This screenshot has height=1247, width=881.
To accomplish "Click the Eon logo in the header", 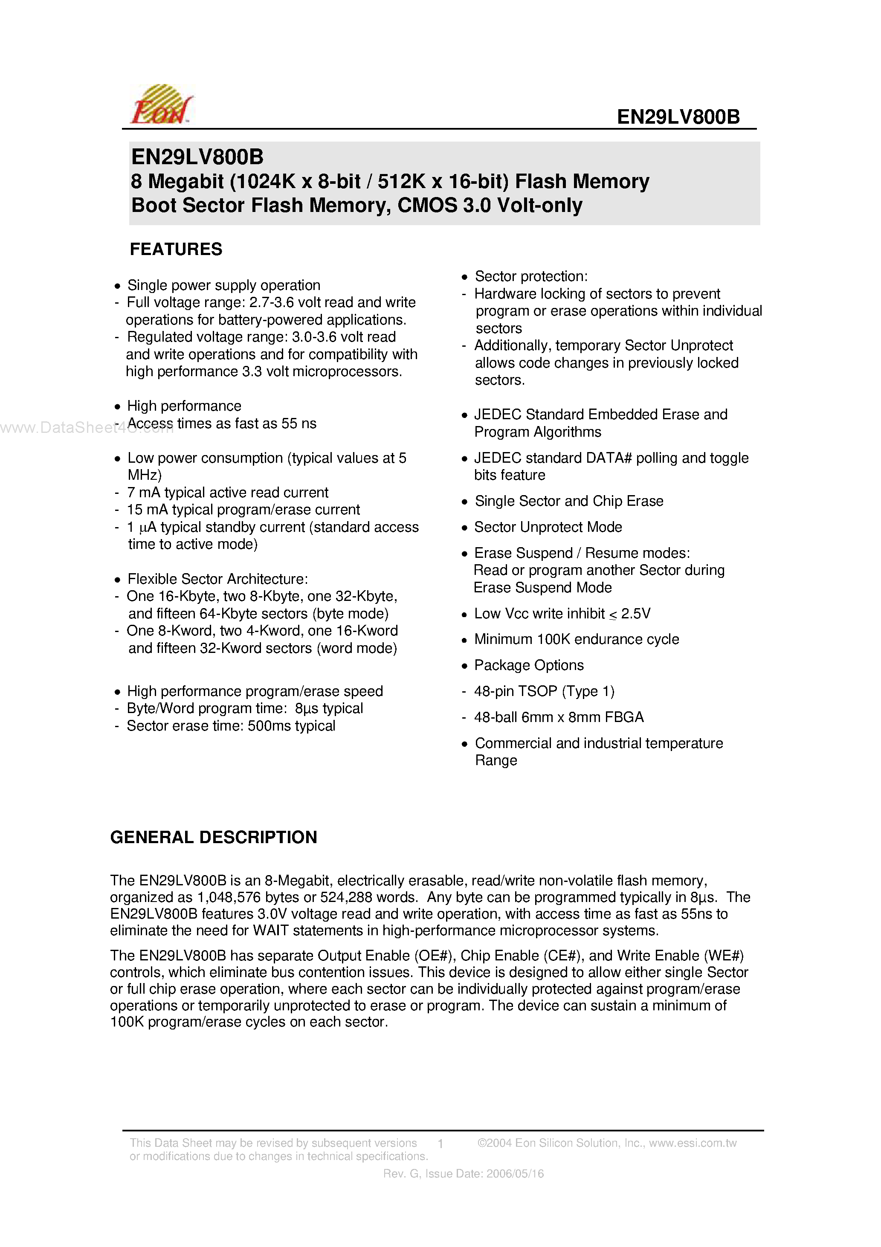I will click(161, 105).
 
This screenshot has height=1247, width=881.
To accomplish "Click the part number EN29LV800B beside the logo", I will click(678, 117).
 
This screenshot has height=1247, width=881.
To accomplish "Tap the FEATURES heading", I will click(176, 249).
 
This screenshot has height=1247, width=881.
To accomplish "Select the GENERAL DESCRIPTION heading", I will click(214, 837).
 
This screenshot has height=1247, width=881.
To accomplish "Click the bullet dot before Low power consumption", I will click(117, 459).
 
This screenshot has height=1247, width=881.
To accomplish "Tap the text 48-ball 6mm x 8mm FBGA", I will click(558, 717).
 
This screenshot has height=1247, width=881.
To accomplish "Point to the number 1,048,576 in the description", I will click(229, 897).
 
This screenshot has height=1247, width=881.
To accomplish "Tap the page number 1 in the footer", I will click(440, 1144).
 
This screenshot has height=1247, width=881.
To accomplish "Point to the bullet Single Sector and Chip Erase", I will click(569, 501).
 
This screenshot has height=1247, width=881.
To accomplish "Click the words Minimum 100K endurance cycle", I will click(576, 639).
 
